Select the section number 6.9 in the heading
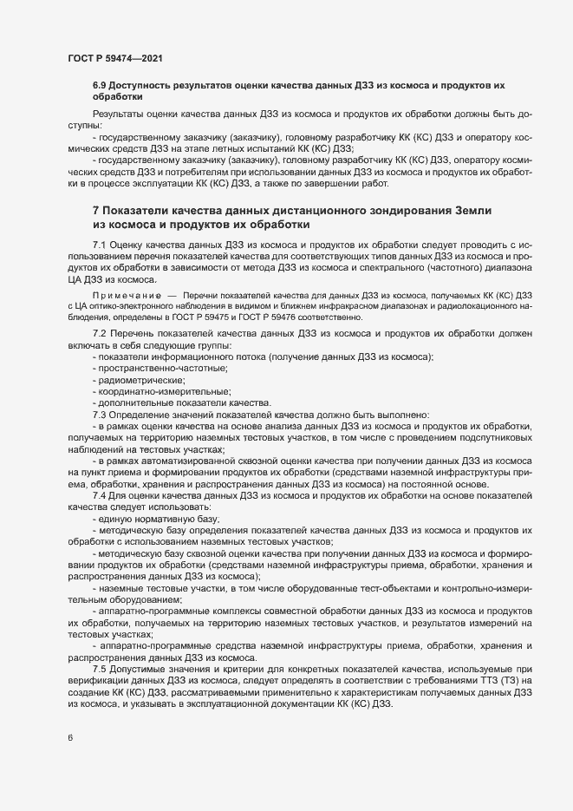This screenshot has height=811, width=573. click(101, 86)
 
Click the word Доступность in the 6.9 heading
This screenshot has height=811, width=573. click(147, 86)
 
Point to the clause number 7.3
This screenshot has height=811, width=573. click(99, 414)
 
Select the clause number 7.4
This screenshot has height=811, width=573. click(99, 494)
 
